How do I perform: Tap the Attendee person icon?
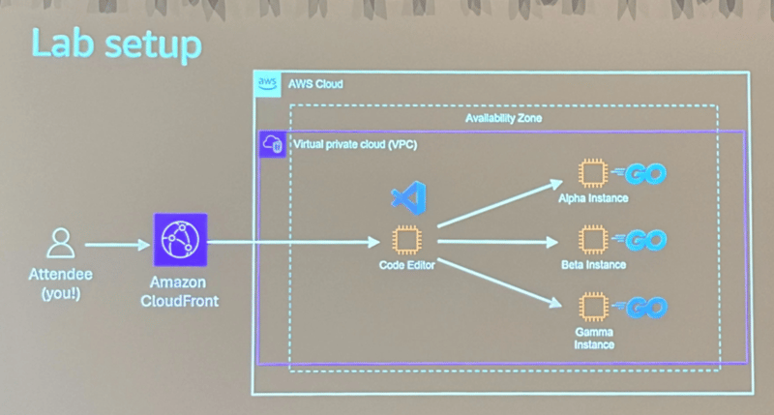pyautogui.click(x=60, y=241)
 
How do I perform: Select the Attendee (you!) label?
pyautogui.click(x=60, y=283)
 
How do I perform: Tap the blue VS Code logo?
pyautogui.click(x=405, y=199)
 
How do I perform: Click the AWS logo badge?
pyautogui.click(x=268, y=85)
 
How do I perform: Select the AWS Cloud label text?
pyautogui.click(x=315, y=85)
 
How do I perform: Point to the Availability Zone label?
pyautogui.click(x=503, y=118)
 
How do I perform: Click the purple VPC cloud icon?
pyautogui.click(x=272, y=145)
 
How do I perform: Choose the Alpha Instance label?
pyautogui.click(x=594, y=198)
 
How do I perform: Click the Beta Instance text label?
pyautogui.click(x=593, y=264)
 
